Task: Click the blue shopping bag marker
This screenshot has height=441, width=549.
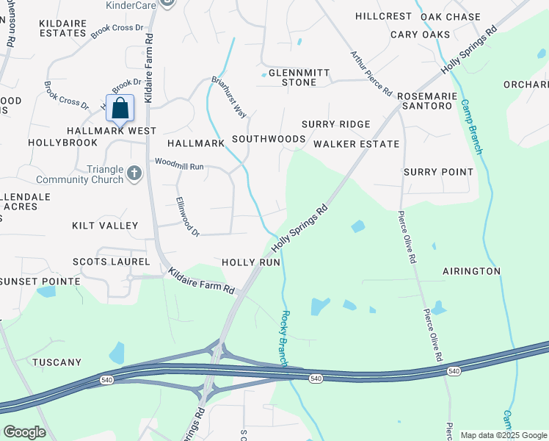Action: (120, 108)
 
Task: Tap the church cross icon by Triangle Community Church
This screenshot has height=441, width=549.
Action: (134, 173)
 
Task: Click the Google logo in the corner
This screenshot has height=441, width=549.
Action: (24, 432)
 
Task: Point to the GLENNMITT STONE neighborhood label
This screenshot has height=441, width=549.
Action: (299, 77)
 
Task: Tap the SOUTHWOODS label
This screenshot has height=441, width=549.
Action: (269, 138)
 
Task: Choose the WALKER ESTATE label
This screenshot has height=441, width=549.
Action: (356, 143)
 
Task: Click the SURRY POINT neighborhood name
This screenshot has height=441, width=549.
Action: (438, 172)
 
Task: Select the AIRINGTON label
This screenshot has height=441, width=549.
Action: (471, 271)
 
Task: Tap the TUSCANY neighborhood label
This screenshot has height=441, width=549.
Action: (57, 362)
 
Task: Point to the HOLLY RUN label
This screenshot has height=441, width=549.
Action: (251, 262)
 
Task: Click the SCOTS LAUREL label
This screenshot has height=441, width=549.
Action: (111, 262)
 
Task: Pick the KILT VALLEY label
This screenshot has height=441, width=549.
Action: (105, 225)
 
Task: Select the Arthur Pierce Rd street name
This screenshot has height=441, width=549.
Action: (371, 72)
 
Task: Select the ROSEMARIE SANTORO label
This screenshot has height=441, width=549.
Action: (424, 101)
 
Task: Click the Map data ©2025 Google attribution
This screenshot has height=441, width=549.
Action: (503, 435)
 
